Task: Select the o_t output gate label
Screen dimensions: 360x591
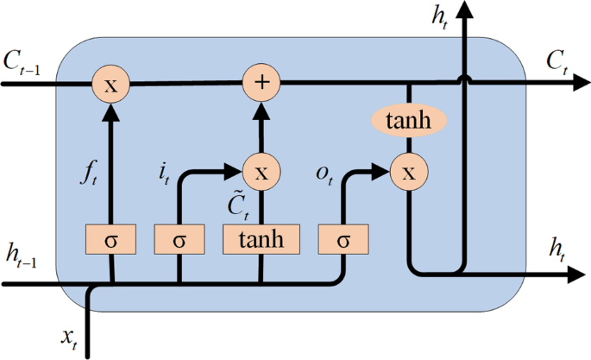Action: tap(324, 173)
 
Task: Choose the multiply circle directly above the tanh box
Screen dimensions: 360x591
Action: tap(260, 171)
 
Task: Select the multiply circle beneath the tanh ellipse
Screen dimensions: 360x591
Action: tap(408, 172)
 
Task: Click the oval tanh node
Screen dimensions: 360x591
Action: tap(408, 121)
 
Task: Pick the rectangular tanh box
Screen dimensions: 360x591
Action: tap(260, 238)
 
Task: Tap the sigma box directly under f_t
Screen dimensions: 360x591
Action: tap(110, 238)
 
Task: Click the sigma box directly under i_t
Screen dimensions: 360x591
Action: tap(179, 238)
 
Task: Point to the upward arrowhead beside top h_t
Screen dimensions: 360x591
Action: tap(466, 10)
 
